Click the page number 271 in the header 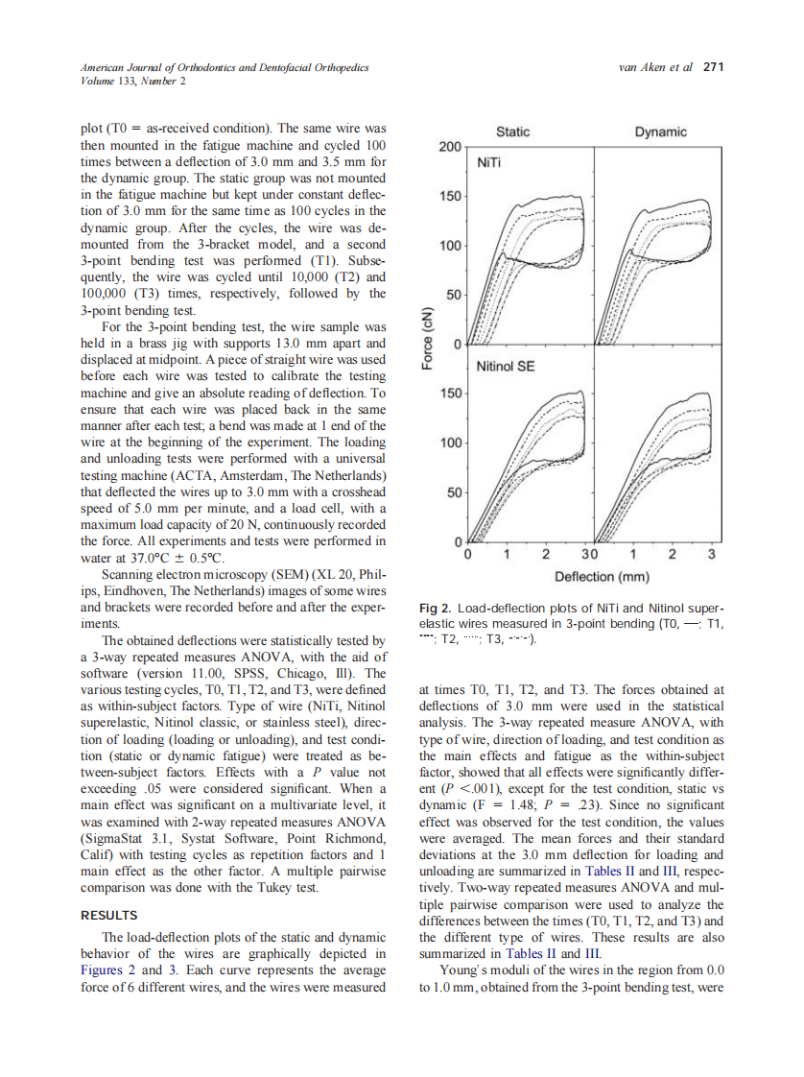tap(713, 67)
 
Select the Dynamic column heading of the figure tap(661, 132)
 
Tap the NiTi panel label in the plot tap(491, 164)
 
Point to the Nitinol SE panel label tap(505, 366)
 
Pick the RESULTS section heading tap(108, 915)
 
